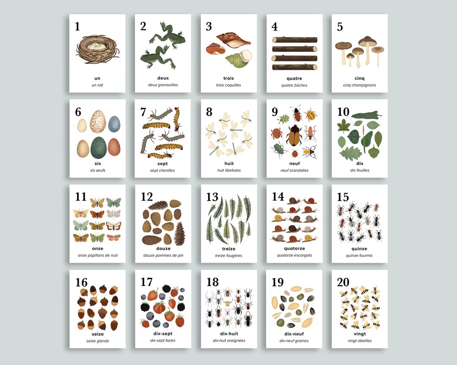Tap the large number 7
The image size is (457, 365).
(x=143, y=112)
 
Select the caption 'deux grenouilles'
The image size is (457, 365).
(x=163, y=85)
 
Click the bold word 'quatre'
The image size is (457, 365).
(x=294, y=78)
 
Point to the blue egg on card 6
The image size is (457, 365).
(x=114, y=124)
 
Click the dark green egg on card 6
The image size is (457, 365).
(x=99, y=147)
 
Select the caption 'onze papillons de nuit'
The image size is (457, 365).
(x=97, y=256)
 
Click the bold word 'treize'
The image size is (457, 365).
(x=228, y=249)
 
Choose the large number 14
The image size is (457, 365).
(x=278, y=197)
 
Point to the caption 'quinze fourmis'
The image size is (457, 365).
(x=359, y=256)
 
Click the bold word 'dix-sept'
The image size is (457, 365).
(x=163, y=334)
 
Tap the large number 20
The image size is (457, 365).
(x=343, y=282)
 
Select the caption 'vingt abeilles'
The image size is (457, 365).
(x=359, y=340)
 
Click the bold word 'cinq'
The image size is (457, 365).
(x=360, y=78)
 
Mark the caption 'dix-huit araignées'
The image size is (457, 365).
(x=228, y=340)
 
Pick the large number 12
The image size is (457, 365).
(x=147, y=197)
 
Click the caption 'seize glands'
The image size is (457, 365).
(x=97, y=341)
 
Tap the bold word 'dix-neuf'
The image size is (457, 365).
(x=294, y=334)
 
